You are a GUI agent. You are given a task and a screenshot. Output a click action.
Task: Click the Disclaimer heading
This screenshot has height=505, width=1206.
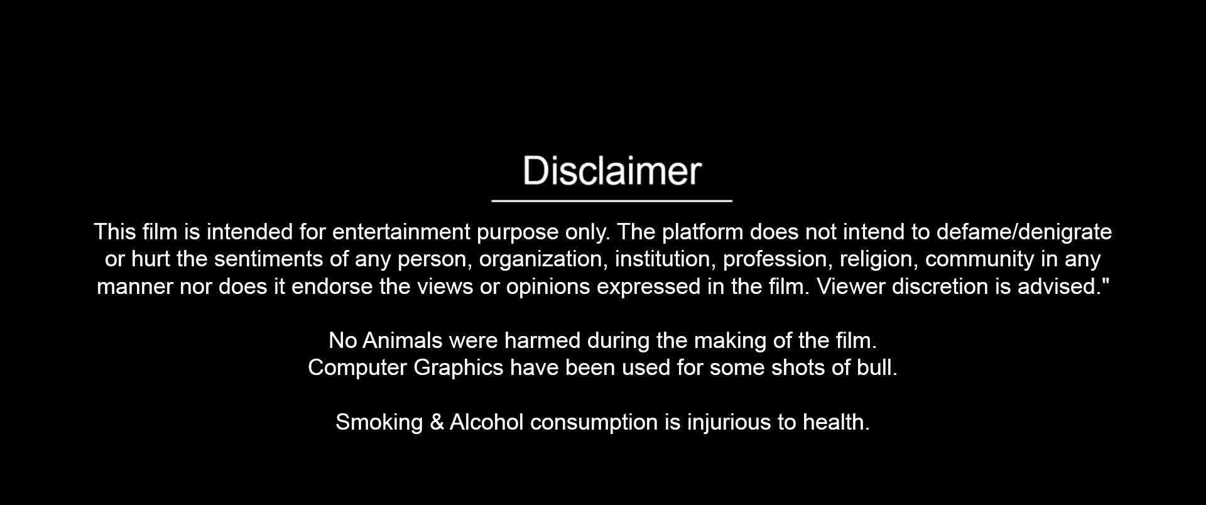coord(612,170)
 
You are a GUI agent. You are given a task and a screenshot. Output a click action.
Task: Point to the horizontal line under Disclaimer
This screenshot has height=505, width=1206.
coord(612,201)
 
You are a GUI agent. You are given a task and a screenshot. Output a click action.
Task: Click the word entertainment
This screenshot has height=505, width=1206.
coord(401,232)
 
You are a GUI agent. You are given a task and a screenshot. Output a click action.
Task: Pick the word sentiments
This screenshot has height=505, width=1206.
coord(273,259)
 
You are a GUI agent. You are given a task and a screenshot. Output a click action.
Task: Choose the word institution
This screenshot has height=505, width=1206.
coord(665,259)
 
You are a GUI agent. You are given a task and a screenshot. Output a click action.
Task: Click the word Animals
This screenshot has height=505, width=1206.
coord(403,340)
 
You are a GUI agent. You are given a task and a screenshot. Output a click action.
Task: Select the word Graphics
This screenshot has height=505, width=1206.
coord(458,368)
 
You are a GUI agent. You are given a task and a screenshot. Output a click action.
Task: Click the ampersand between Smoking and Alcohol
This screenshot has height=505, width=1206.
coord(437,422)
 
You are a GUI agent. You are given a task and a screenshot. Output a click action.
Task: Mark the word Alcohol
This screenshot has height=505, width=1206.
coord(486,422)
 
